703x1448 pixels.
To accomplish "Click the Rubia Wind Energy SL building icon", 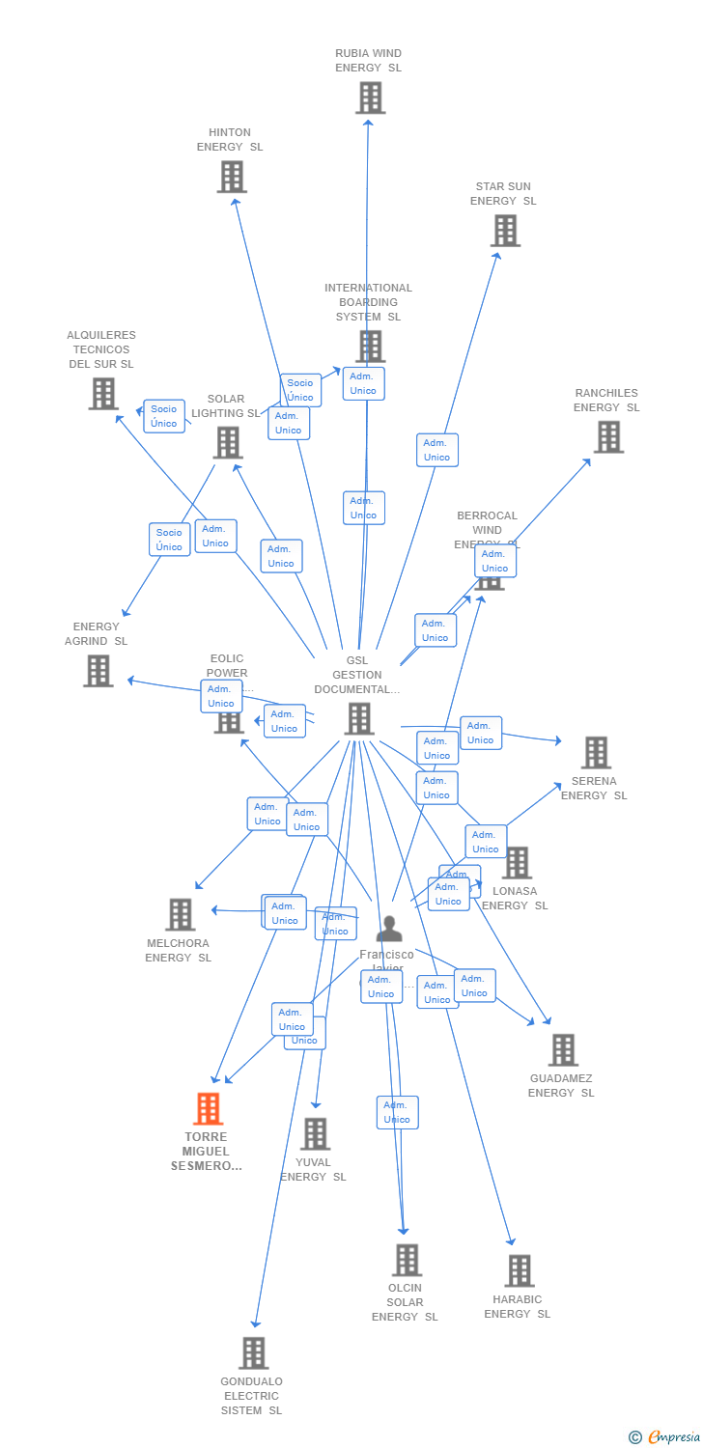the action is point(370,97).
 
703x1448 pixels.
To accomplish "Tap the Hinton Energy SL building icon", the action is point(232,177).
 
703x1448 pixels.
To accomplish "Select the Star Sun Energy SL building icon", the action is point(505,231).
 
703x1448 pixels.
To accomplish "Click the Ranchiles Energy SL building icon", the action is point(608,437).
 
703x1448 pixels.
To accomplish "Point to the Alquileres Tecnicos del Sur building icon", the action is point(103,394).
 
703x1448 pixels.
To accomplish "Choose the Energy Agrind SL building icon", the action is point(98,671).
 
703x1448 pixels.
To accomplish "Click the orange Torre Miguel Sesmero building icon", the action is point(208,1109).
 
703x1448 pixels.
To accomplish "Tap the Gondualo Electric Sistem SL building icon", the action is point(253,1353).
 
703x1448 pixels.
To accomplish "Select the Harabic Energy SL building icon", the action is point(520,1271).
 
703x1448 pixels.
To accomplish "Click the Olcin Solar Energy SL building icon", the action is point(407,1260).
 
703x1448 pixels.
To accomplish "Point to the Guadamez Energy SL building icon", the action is point(563,1050).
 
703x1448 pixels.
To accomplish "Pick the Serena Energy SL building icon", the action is point(596,753).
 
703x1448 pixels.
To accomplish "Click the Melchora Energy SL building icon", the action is point(181,915).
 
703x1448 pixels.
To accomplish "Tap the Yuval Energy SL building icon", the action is point(315,1134).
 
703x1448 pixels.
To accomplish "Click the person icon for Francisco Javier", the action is point(389,929).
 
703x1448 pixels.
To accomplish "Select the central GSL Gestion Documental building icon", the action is point(359,719).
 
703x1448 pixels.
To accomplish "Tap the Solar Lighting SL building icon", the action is point(228,443).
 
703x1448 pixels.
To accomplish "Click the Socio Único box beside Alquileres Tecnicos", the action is point(164,416).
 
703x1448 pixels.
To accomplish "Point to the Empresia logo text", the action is point(673,1437).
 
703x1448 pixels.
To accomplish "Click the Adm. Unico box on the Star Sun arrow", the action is point(437,450).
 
